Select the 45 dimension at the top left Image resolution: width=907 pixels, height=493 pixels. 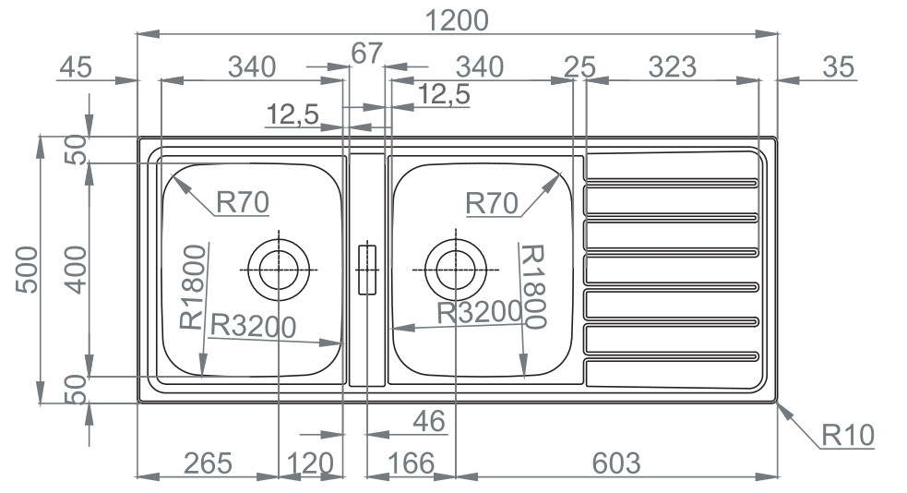[x=78, y=66]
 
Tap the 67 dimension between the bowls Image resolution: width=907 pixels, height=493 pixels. [x=366, y=54]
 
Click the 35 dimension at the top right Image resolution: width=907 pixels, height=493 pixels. [x=837, y=66]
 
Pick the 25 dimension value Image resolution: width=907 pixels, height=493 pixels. [x=580, y=66]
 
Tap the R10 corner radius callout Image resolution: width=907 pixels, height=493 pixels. [x=847, y=435]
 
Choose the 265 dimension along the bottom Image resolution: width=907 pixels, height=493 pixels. [x=207, y=462]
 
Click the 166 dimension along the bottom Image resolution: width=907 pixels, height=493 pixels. [x=406, y=462]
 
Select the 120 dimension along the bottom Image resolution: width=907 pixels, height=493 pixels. [x=308, y=462]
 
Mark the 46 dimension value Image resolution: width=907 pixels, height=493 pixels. [x=428, y=421]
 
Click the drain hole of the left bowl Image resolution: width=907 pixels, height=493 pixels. [x=278, y=270]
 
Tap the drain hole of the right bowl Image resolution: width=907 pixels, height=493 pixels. [x=454, y=269]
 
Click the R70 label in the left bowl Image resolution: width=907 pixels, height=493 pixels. [x=242, y=201]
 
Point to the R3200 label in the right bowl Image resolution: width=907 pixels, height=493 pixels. [x=479, y=313]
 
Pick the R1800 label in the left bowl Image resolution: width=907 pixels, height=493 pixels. [x=191, y=287]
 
